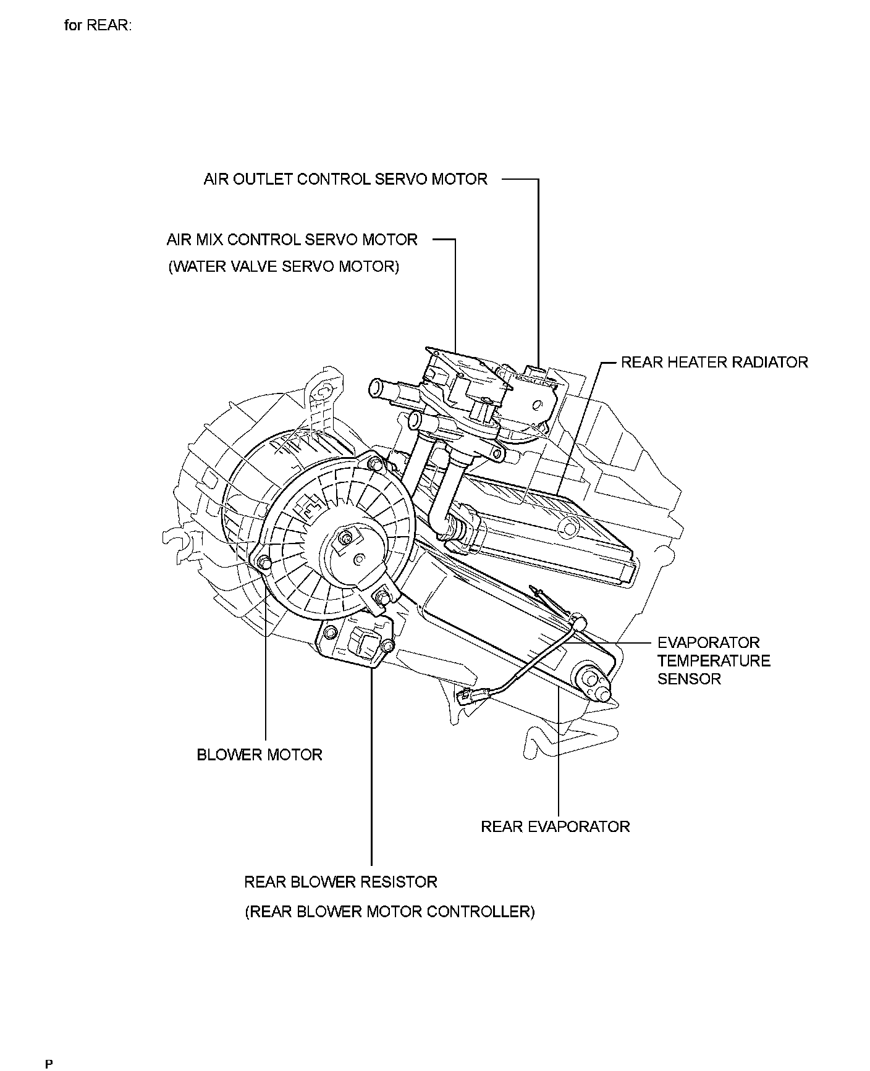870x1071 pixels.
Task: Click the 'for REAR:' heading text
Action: (98, 26)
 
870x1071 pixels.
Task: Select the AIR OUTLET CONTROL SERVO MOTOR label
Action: (345, 179)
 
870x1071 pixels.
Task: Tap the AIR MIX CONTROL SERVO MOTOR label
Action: (292, 240)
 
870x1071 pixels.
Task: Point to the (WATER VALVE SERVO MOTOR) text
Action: (284, 267)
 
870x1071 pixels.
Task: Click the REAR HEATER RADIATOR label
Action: (714, 362)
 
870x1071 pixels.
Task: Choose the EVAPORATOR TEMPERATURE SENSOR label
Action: (714, 661)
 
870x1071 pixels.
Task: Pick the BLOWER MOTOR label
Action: (260, 755)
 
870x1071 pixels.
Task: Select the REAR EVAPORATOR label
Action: (555, 826)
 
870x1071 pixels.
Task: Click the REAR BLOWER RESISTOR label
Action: (340, 882)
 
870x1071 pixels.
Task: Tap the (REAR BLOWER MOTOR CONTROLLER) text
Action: (389, 912)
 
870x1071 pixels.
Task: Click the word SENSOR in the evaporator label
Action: (689, 679)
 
